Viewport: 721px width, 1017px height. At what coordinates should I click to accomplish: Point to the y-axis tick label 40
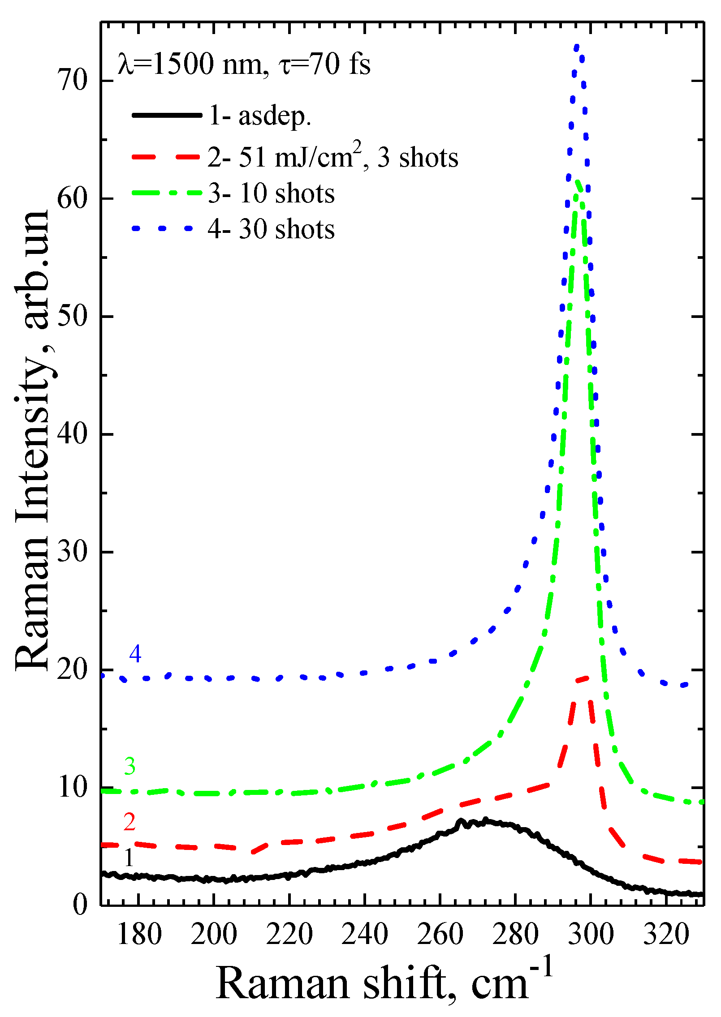pos(73,433)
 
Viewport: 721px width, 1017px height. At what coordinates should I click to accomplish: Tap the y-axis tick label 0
pos(80,905)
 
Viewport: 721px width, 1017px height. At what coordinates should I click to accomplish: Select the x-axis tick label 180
pos(139,935)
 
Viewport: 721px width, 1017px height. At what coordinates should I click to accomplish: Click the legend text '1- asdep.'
pos(260,116)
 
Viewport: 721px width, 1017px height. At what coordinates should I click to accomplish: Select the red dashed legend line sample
pos(166,157)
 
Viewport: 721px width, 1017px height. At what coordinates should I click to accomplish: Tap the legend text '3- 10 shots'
pos(271,193)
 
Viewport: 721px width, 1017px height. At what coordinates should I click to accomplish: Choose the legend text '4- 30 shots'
pos(271,229)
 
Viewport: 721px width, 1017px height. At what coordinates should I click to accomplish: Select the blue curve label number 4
pos(135,654)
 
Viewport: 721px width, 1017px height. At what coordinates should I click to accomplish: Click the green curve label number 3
pos(130,766)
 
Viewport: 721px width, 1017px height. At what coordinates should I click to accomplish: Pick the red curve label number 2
pos(130,822)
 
